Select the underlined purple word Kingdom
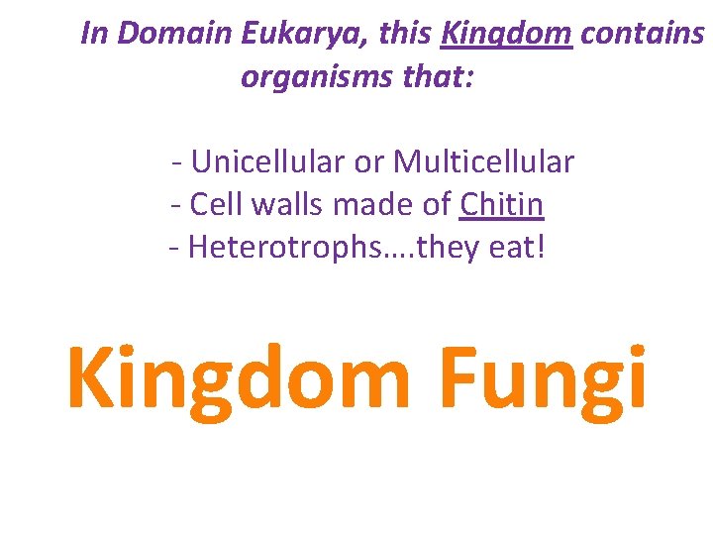(506, 34)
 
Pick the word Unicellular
(288, 160)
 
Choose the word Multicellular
(483, 160)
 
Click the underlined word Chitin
(502, 204)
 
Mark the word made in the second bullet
(375, 204)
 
